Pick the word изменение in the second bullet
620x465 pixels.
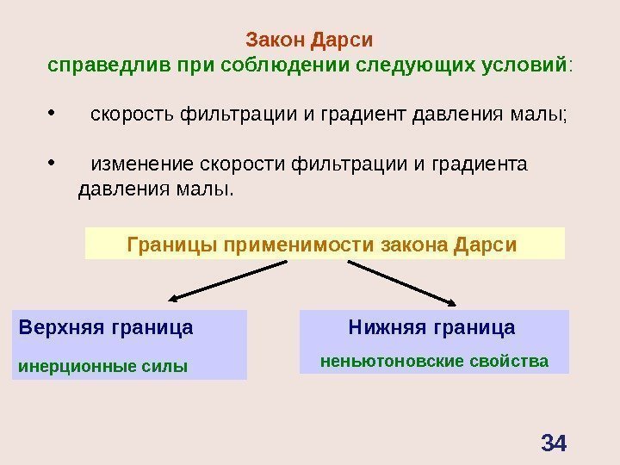(x=141, y=164)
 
